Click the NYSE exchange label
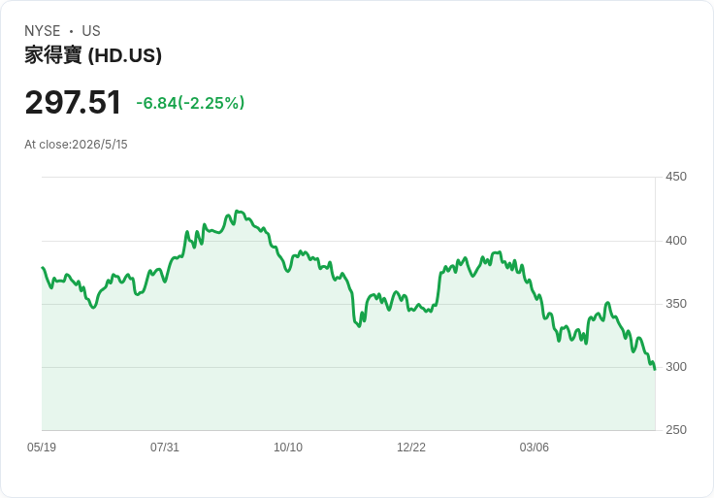tap(43, 31)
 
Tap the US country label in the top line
tap(91, 31)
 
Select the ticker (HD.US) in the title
tap(125, 55)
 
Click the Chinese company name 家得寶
tap(53, 55)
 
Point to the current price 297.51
tap(73, 102)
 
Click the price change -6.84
tap(156, 103)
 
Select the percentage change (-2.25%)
tap(211, 103)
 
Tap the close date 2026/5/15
tap(100, 145)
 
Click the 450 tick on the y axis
tap(676, 177)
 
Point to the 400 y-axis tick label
tap(676, 240)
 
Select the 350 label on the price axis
tap(676, 304)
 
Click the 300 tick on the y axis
tap(676, 367)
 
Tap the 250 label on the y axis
tap(676, 430)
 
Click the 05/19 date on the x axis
tap(42, 447)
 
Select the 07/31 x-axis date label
tap(165, 447)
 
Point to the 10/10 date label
tap(288, 447)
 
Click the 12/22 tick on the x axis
tap(411, 447)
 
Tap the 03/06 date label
tap(535, 447)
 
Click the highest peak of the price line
tap(237, 211)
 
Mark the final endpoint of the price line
tap(655, 370)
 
